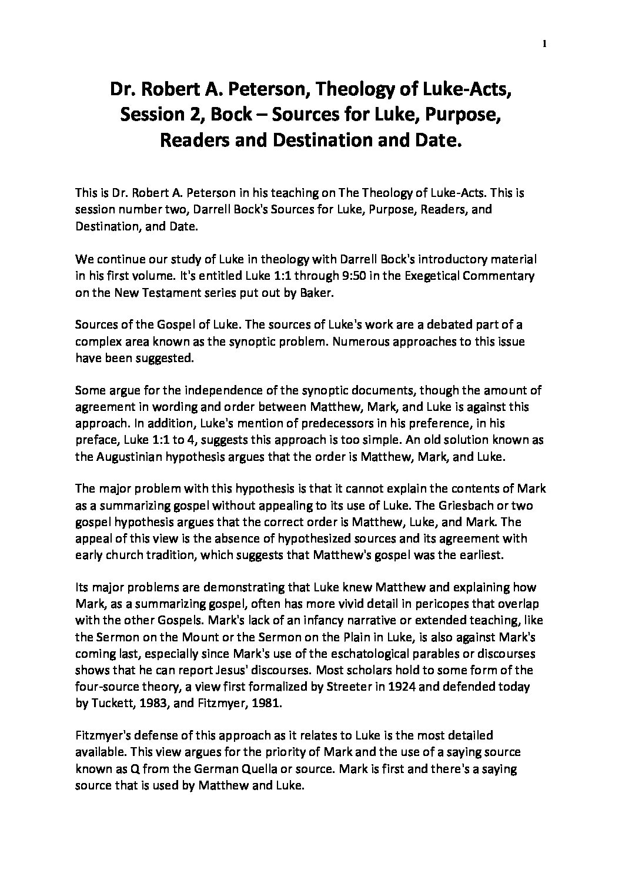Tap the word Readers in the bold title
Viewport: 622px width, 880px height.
tap(192, 140)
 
